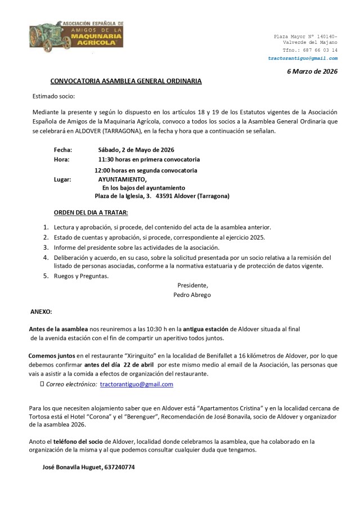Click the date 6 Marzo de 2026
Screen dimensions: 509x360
pos(312,71)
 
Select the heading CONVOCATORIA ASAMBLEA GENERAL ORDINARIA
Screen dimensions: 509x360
pos(126,81)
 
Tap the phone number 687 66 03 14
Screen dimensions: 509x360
pos(318,50)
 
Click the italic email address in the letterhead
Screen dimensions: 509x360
pos(303,58)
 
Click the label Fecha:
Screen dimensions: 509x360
pos(62,150)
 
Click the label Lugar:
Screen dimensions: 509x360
pos(62,179)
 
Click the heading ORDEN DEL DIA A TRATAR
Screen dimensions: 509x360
pos(91,213)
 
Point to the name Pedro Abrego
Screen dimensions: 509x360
pos(192,294)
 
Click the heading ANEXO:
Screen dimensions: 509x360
pos(40,311)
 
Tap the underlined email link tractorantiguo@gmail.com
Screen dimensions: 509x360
pos(137,384)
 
